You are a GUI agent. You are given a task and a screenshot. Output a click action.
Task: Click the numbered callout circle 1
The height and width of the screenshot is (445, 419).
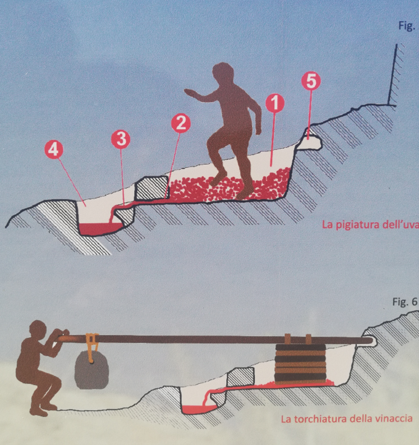274,103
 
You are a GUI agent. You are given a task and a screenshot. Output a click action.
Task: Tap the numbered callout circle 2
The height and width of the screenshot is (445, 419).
181,123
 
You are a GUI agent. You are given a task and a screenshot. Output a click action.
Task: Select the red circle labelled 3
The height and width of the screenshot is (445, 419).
121,139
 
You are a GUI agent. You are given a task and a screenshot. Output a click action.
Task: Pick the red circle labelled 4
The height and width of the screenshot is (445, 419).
54,150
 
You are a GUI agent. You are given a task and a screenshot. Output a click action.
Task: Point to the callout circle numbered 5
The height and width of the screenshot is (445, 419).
311,81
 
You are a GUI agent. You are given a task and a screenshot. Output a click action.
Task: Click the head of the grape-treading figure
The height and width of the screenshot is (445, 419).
223,73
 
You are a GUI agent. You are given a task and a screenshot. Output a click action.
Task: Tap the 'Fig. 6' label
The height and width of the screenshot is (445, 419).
405,302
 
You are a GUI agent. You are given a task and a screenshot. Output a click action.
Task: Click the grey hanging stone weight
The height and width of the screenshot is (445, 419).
91,370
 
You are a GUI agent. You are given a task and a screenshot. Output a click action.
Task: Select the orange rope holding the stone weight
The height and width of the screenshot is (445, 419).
92,348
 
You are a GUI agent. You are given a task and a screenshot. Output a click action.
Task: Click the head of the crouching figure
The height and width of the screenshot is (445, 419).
38,329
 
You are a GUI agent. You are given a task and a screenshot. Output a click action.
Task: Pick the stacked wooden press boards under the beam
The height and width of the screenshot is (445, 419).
300,364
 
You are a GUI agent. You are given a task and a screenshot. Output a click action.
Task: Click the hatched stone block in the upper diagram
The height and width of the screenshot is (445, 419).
151,187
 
